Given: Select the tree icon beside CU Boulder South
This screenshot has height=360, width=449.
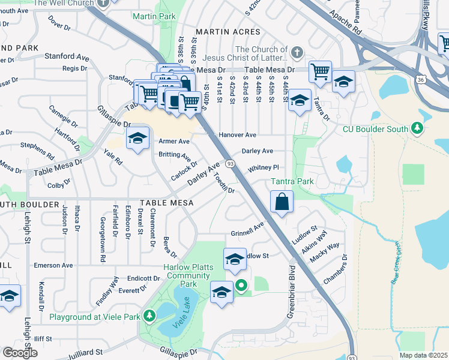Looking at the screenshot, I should [x=417, y=129].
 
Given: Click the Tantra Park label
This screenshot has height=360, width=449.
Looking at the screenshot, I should [x=276, y=181].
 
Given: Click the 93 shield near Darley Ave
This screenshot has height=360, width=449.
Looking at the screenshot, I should [x=230, y=163].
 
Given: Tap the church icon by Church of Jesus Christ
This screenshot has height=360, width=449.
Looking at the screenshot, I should [x=297, y=53].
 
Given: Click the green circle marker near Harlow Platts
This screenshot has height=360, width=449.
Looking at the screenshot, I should [x=241, y=286].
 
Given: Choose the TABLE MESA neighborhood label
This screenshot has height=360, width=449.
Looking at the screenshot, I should [x=167, y=203].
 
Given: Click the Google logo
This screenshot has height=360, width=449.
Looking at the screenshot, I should [x=20, y=352].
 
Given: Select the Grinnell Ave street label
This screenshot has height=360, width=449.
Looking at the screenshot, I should [x=247, y=230].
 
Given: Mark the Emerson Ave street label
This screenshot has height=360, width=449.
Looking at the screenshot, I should [x=53, y=265].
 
